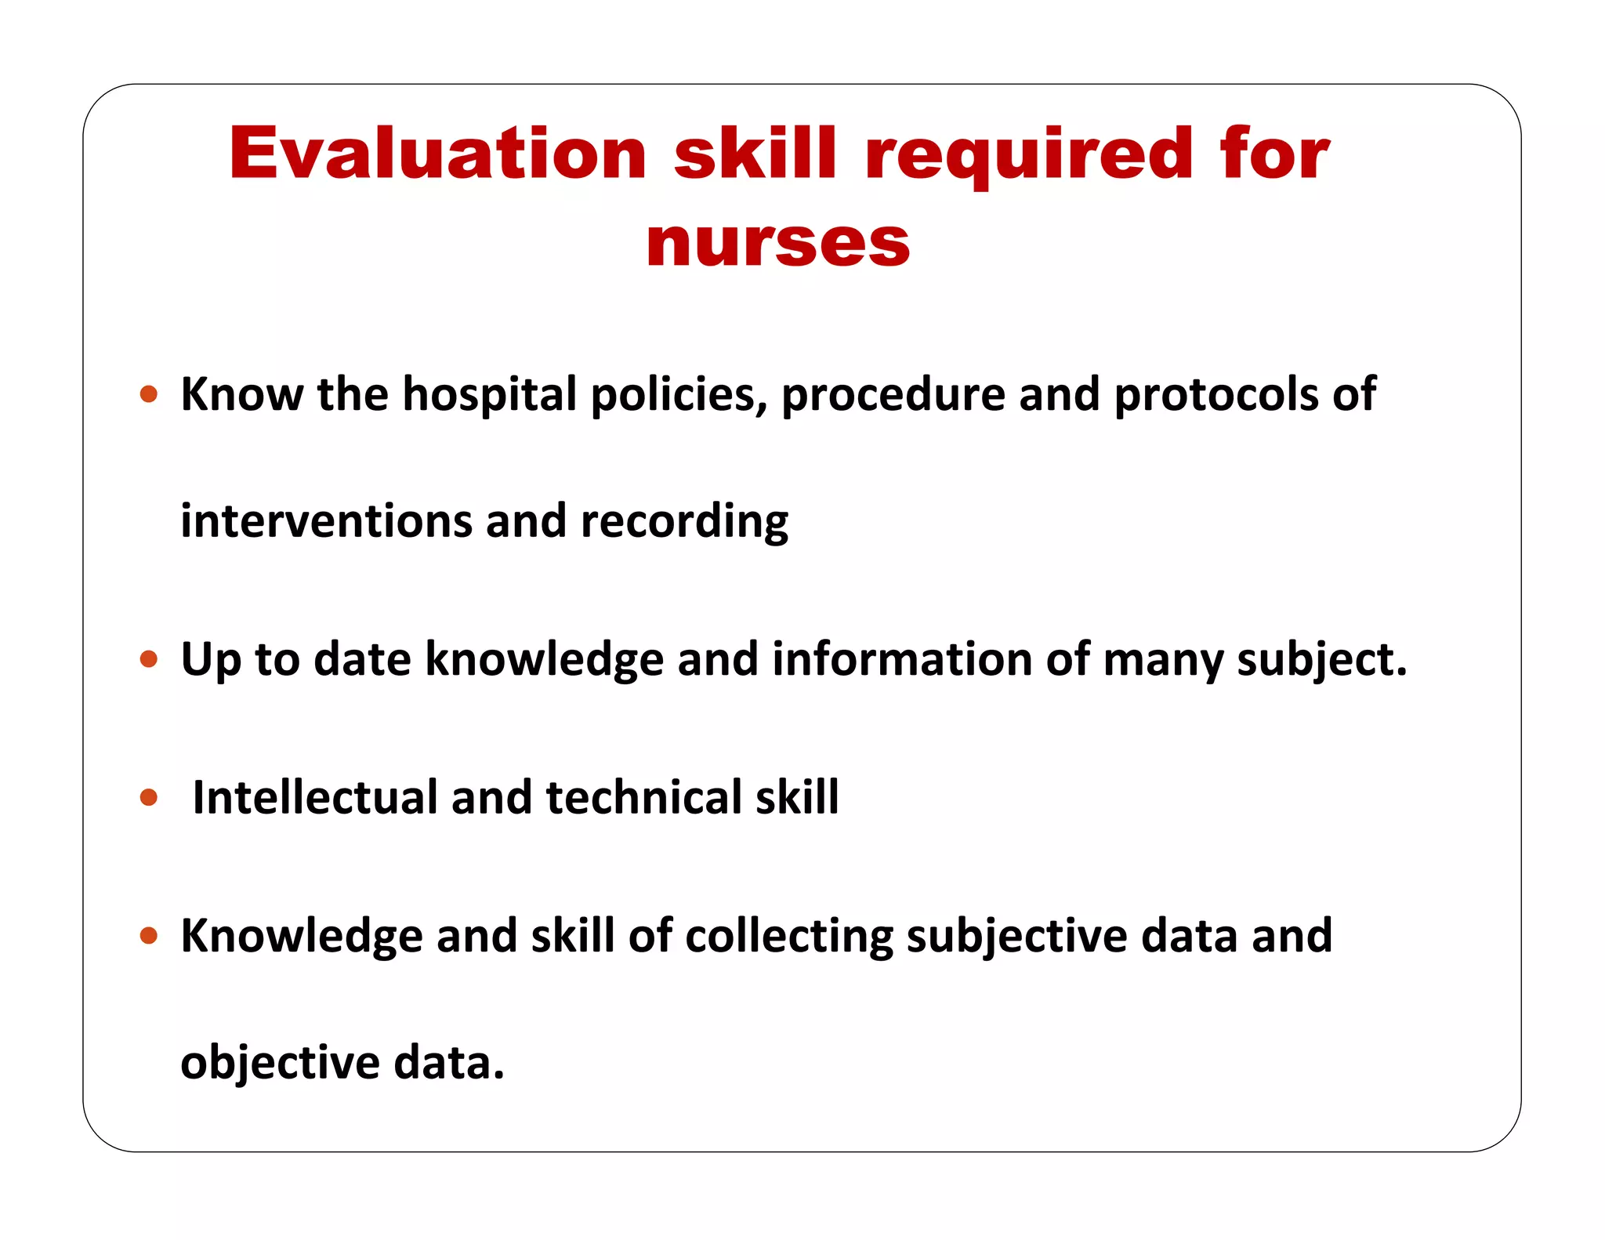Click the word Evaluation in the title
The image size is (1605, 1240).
pos(437,154)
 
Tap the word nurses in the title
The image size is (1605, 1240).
pos(777,243)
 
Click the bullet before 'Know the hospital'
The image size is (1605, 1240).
pos(149,393)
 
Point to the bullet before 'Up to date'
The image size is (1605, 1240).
pos(149,658)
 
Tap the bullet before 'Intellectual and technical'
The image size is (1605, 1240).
pos(149,798)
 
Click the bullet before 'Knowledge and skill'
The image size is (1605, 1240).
pos(149,935)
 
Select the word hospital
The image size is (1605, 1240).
pos(489,394)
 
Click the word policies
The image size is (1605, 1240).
pos(679,394)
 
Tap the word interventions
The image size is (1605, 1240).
pos(325,521)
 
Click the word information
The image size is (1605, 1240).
pos(901,658)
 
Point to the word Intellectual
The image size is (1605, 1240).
pos(314,797)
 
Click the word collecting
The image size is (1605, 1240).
pos(788,936)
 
